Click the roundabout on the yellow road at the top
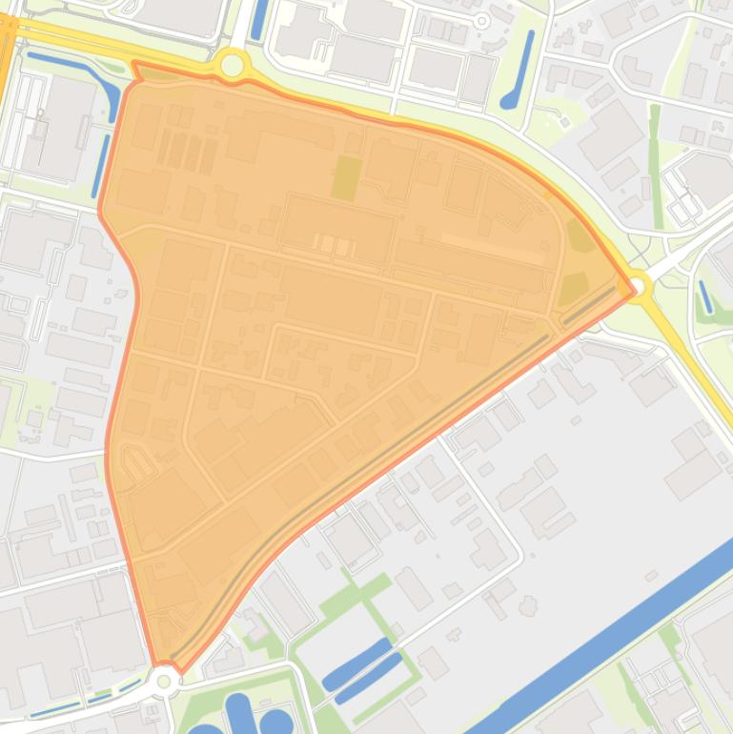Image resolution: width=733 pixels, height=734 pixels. (232, 66)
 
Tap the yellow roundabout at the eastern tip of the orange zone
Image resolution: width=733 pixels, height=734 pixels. (637, 284)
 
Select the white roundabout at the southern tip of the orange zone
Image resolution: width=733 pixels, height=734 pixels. (165, 680)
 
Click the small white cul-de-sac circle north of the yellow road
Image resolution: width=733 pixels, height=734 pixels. (482, 20)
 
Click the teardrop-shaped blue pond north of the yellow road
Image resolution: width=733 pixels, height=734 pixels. (519, 71)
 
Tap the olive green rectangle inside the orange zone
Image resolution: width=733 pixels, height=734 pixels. (346, 177)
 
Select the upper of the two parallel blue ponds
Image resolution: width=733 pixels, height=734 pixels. (357, 662)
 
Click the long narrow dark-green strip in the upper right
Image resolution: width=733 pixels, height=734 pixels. (655, 153)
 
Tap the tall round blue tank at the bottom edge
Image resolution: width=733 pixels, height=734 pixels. (238, 714)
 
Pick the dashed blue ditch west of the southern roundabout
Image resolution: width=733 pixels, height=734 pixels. (86, 701)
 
